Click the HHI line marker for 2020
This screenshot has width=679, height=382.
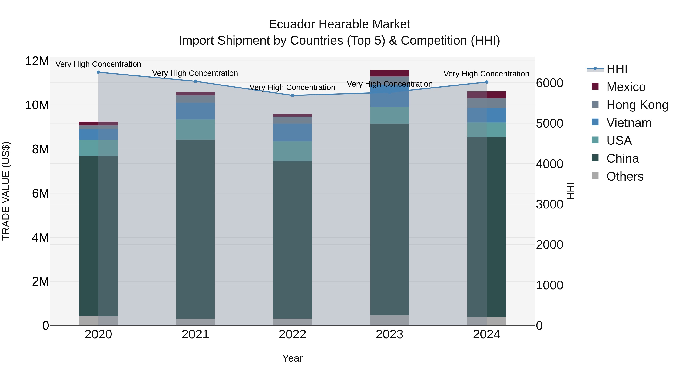98,72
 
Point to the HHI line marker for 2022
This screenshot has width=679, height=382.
292,95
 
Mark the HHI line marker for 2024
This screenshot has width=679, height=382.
487,82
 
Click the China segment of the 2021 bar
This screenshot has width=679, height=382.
195,229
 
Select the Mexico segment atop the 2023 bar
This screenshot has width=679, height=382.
390,73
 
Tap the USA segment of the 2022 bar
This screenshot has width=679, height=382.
292,152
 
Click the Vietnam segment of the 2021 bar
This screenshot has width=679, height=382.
195,111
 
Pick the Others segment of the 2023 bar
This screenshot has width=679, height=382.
390,320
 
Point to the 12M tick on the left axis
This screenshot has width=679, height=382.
37,61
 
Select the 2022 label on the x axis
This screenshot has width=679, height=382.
292,334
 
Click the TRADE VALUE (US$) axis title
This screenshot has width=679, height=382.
6,191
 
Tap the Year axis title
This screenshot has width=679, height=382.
292,358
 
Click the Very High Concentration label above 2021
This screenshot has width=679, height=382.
195,73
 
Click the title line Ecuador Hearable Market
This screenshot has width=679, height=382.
339,24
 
